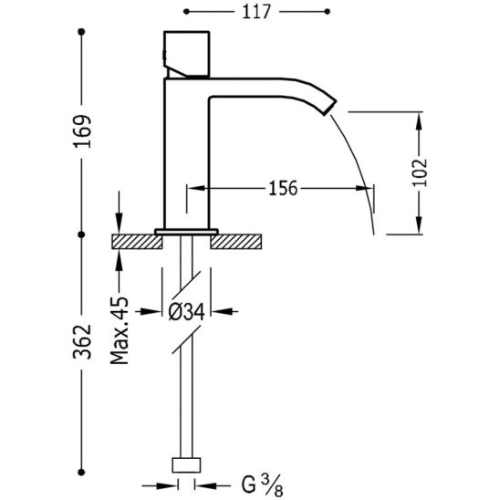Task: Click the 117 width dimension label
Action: click(256, 13)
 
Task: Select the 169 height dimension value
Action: click(83, 131)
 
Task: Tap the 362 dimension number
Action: click(83, 342)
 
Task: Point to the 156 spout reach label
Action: click(283, 188)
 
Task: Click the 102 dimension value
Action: click(420, 172)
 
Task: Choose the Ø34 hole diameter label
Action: click(186, 311)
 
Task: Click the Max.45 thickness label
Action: click(120, 330)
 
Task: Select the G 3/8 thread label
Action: click(262, 485)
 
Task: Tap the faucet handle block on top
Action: click(186, 54)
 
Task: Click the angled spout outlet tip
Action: click(329, 107)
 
